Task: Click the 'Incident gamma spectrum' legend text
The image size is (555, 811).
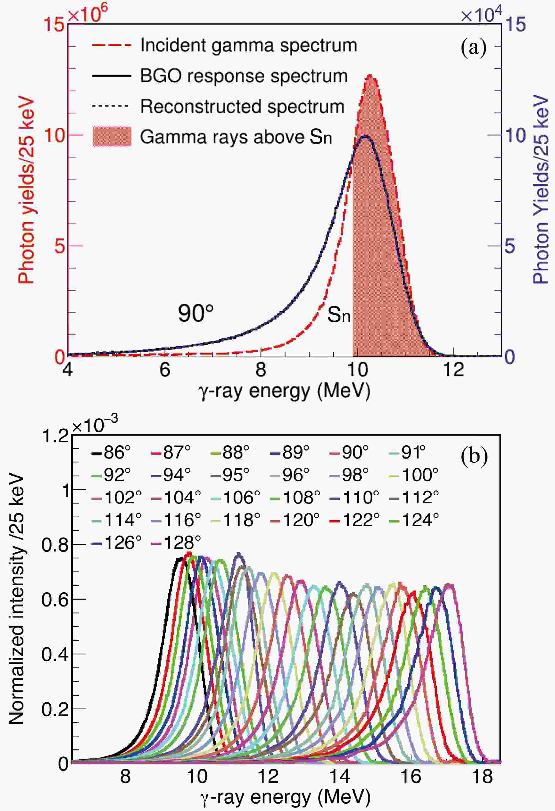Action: pyautogui.click(x=248, y=45)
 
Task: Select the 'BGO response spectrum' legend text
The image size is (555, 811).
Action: pyautogui.click(x=243, y=76)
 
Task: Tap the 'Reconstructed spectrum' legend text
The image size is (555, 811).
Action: pyautogui.click(x=242, y=107)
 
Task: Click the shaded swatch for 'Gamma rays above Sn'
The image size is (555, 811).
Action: pyautogui.click(x=112, y=136)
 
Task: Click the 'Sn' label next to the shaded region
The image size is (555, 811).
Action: pyautogui.click(x=338, y=315)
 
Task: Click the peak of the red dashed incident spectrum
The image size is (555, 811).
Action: pyautogui.click(x=370, y=75)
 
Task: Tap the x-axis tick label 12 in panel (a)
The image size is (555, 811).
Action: pyautogui.click(x=453, y=370)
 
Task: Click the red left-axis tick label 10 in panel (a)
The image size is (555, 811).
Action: pyautogui.click(x=55, y=135)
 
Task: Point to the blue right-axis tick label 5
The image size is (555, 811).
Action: pyautogui.click(x=510, y=246)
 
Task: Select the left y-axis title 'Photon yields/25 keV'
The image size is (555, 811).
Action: pyautogui.click(x=26, y=190)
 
